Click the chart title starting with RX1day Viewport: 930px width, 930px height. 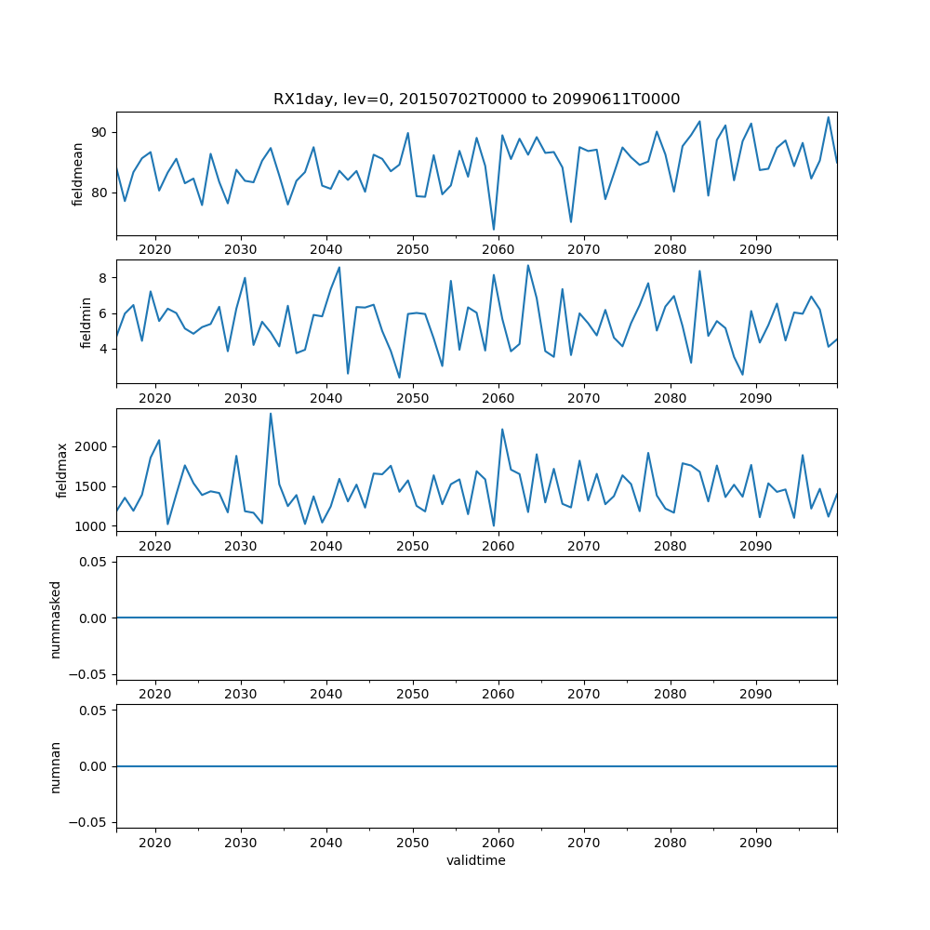(476, 99)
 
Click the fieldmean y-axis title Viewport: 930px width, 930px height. (78, 174)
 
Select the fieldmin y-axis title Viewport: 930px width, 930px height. (86, 323)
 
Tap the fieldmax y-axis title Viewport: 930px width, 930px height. (62, 471)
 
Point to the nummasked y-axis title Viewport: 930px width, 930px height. (56, 618)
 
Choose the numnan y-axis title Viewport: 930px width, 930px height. (56, 766)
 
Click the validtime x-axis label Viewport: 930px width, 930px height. (476, 861)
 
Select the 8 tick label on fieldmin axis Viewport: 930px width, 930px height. (104, 277)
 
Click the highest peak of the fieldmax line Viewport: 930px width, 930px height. (271, 414)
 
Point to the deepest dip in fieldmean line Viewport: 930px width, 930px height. (494, 229)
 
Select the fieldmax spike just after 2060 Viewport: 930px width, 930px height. (502, 430)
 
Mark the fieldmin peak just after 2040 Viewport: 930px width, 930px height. (339, 268)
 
